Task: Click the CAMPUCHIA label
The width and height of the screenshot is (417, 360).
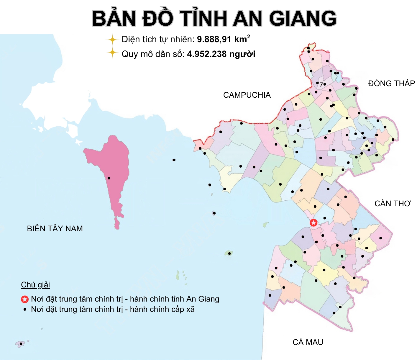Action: (247, 95)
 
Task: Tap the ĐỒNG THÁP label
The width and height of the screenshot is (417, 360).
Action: (391, 84)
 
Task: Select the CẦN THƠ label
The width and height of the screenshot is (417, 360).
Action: (393, 204)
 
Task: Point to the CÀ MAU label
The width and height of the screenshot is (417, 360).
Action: (308, 342)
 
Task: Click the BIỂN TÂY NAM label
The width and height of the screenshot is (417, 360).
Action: (55, 229)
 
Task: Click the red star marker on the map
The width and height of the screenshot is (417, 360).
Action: (313, 223)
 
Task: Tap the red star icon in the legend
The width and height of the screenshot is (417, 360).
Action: (25, 300)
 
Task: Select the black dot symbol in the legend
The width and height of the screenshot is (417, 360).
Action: (25, 310)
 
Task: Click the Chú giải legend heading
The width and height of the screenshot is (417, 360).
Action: (35, 285)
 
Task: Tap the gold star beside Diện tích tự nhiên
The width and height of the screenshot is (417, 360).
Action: (112, 40)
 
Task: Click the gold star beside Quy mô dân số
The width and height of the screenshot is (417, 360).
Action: (112, 53)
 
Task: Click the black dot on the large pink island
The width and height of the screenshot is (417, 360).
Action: (109, 178)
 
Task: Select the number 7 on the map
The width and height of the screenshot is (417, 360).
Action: (321, 85)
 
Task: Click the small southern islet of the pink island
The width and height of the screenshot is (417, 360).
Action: (117, 223)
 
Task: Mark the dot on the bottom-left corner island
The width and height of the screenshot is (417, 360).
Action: (21, 344)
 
